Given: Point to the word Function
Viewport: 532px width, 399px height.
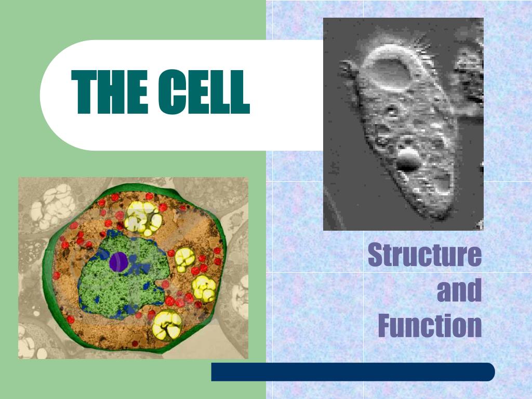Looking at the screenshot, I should (x=430, y=326).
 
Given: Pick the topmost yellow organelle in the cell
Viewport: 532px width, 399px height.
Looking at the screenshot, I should (x=141, y=216).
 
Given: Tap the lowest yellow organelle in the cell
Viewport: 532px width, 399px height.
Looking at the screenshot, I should (x=167, y=324).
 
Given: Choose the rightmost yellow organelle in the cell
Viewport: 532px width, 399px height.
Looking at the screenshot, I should (x=204, y=288).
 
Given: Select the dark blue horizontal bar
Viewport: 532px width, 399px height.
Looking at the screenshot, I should (x=353, y=372).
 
